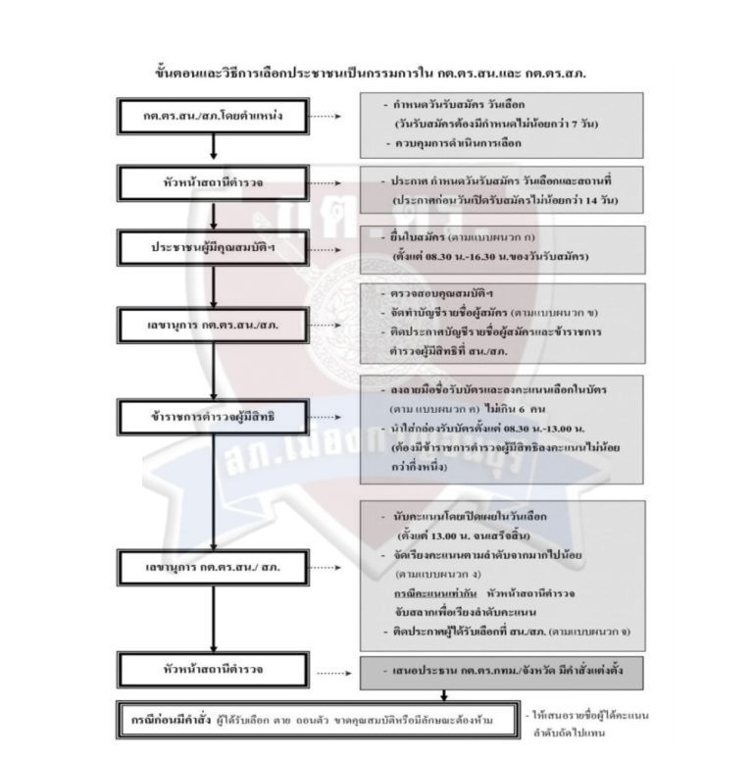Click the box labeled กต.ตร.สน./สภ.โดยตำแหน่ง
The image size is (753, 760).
212,117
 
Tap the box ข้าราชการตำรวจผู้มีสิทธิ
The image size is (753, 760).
212,416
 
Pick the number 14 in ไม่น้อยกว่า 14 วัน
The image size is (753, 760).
584,200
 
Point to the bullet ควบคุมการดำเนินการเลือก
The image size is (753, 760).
460,143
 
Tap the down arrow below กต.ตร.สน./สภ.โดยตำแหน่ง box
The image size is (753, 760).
212,149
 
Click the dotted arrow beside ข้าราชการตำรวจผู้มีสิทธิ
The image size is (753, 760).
326,416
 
